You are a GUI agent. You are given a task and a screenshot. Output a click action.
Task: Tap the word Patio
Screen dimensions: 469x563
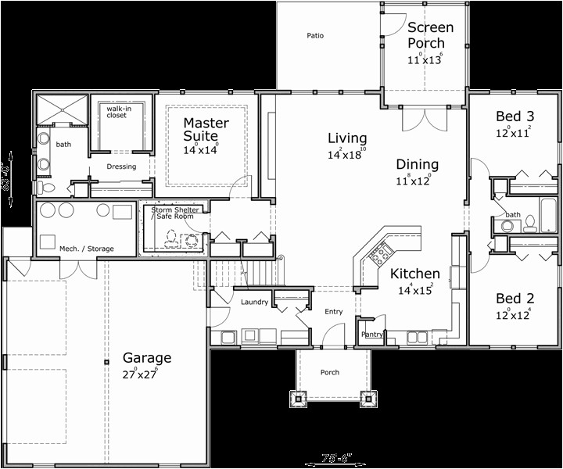point(315,35)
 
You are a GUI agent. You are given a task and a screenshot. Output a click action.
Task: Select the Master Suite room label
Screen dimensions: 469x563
point(206,130)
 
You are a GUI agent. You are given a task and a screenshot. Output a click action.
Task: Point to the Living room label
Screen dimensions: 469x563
point(346,138)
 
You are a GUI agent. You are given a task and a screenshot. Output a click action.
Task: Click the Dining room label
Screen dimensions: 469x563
point(417,164)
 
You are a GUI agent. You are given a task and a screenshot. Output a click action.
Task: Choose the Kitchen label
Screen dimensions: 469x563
point(414,274)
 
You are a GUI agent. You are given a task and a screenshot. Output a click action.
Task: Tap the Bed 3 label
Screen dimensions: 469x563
point(515,116)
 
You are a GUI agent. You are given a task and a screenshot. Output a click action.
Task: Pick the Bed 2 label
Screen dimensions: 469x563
point(515,299)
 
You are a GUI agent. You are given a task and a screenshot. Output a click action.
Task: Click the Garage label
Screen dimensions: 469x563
point(146,358)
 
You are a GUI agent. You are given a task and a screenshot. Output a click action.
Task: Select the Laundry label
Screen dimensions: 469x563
point(255,302)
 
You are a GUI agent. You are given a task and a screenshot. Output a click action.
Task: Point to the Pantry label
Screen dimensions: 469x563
point(371,335)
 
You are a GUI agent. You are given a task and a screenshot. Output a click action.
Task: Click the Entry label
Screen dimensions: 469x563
point(334,312)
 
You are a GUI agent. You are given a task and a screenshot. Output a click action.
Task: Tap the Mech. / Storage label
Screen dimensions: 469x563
point(87,249)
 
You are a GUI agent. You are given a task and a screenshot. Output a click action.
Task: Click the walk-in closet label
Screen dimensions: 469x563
point(117,111)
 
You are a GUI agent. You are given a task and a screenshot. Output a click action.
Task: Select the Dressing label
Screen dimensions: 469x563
point(121,166)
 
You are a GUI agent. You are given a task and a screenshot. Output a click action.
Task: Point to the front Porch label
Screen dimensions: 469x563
point(330,372)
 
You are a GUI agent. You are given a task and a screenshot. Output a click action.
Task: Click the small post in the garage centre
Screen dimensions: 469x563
point(106,362)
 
